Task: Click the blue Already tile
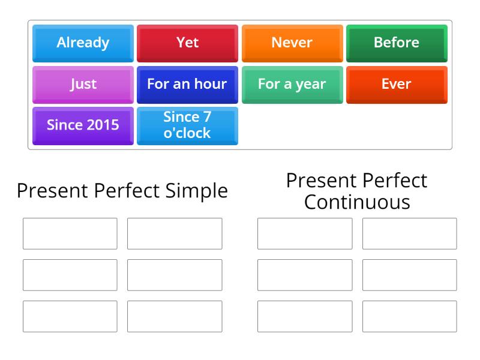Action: tap(83, 43)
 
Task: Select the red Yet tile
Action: tap(187, 43)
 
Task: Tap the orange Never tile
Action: tap(292, 43)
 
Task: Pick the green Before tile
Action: tap(397, 43)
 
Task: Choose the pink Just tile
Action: tap(83, 84)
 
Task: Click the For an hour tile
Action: tap(187, 84)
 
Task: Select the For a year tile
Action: tap(292, 84)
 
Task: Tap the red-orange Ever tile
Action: tap(397, 84)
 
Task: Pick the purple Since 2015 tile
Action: tap(83, 125)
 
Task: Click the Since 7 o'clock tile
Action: tap(187, 125)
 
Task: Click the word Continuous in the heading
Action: tap(357, 202)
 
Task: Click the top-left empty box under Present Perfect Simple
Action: tap(70, 233)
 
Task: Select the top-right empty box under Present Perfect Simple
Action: tap(175, 233)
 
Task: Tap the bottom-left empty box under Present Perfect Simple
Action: tap(70, 316)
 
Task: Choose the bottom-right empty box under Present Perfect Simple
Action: tap(175, 316)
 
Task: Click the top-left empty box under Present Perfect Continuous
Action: tap(305, 233)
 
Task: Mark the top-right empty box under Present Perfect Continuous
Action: tap(409, 233)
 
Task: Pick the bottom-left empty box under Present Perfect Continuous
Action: tap(305, 316)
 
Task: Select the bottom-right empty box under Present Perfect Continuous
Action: tap(409, 316)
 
